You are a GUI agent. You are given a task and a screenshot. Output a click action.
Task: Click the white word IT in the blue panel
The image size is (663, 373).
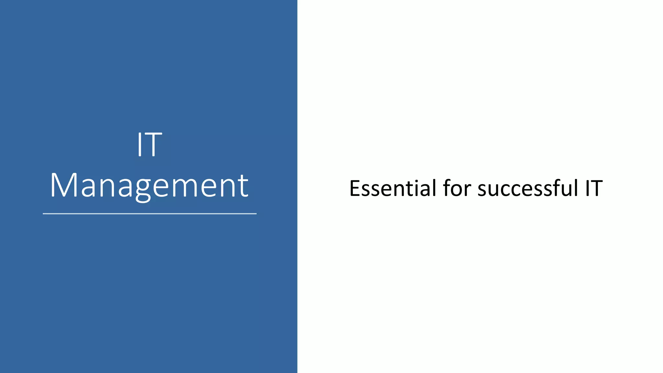pyautogui.click(x=149, y=145)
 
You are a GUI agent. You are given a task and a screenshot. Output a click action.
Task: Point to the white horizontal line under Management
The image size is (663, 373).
pyautogui.click(x=150, y=214)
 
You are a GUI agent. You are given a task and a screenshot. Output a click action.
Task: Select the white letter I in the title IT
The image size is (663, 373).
pyautogui.click(x=140, y=145)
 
